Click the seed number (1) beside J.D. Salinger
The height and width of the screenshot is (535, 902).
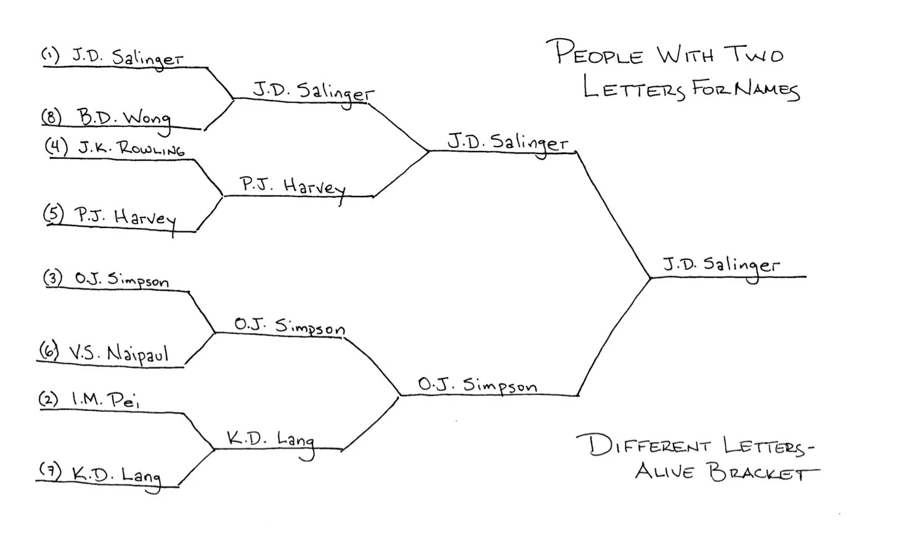(50, 55)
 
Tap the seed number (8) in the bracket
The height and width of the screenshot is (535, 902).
(51, 116)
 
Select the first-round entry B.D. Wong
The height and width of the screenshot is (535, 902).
(123, 117)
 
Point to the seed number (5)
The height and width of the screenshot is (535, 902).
(54, 213)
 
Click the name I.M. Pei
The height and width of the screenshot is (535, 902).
(105, 400)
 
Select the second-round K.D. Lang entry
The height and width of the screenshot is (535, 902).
(270, 439)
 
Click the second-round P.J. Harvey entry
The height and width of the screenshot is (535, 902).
(292, 186)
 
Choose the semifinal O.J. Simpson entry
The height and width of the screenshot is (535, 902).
(477, 385)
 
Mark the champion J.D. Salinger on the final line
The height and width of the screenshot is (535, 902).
(720, 266)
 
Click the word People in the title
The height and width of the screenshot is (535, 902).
(598, 53)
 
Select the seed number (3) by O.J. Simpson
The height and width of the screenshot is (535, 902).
(53, 277)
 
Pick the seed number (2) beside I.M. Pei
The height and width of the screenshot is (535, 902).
(49, 399)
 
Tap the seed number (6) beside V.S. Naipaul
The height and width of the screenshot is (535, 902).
(49, 351)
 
